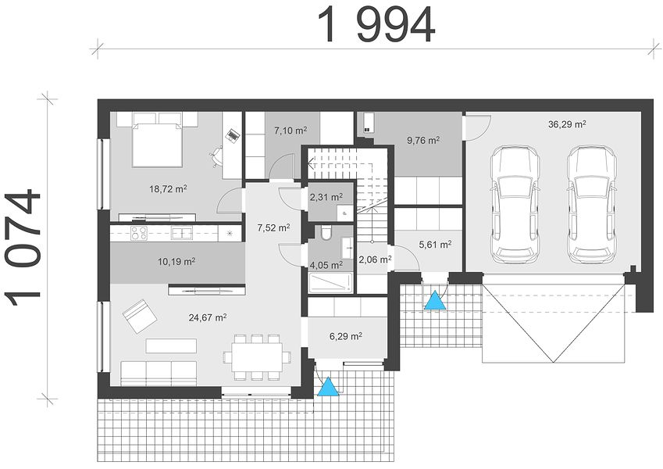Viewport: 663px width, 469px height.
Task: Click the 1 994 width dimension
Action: pos(376,25)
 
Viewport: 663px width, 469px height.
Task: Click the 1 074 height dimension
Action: pos(23,248)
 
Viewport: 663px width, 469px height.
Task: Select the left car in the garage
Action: pos(515,204)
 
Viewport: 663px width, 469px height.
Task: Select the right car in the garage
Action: pos(591,204)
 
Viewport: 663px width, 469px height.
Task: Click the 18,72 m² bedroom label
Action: pos(168,189)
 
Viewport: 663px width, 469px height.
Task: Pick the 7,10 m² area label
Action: pos(291,131)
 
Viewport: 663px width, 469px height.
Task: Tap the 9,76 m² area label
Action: pos(423,140)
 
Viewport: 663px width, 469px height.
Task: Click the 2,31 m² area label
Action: pos(326,197)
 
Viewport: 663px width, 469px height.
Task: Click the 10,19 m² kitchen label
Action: pos(176,262)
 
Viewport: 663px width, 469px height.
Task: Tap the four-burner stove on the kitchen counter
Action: pos(139,233)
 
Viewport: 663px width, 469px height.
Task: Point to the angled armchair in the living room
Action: pos(139,317)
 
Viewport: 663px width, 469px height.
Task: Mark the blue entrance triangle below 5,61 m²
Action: pos(435,299)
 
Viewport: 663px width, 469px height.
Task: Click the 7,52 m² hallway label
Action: pos(273,227)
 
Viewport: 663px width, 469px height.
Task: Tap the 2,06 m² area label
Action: pos(375,259)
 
